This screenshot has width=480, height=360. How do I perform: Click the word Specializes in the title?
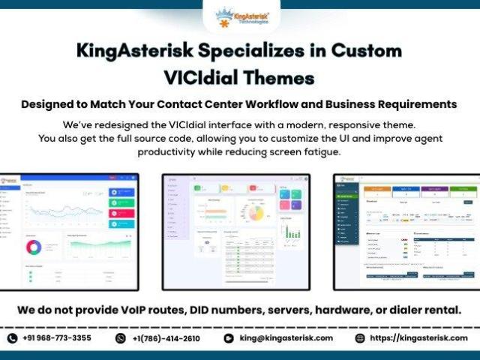coord(238,51)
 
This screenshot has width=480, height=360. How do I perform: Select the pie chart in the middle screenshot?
coord(256,214)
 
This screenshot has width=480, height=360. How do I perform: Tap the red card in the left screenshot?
coord(121,213)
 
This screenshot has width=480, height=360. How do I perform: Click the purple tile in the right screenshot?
coord(433,190)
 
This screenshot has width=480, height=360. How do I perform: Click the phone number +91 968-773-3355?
coord(56,338)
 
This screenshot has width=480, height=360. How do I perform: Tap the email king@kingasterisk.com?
coord(286,338)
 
